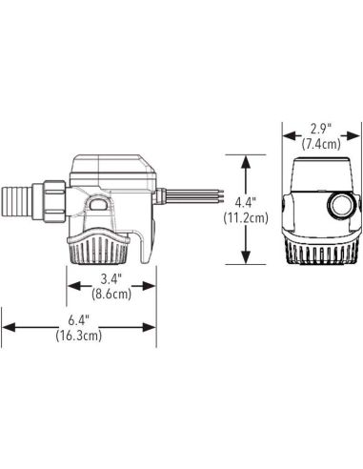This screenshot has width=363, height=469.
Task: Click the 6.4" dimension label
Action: point(79,320)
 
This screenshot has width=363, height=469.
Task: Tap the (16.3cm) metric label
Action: point(79,336)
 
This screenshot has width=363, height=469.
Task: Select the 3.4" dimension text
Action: point(111,279)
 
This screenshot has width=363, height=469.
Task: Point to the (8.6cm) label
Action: point(111,294)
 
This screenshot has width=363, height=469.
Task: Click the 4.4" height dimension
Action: point(245,202)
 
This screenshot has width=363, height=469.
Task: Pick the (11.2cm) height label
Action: point(246,218)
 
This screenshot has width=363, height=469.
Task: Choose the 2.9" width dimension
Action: point(321,129)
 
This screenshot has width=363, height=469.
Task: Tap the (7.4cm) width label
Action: point(321,144)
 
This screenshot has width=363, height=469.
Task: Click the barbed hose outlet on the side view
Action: point(17,202)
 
